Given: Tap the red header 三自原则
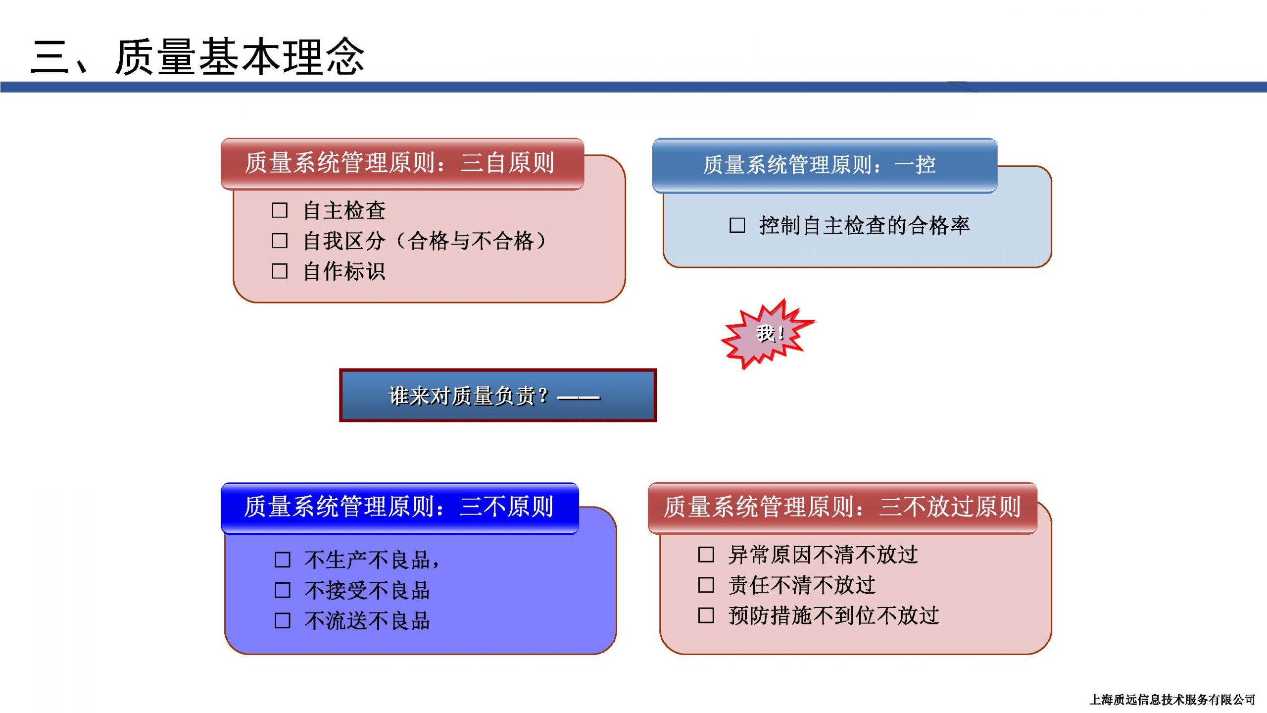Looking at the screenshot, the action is [402, 164].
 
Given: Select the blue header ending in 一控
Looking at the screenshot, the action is [825, 165].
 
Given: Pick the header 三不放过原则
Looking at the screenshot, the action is [842, 508].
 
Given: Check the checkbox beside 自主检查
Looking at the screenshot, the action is [280, 210].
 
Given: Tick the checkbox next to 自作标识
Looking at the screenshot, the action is [280, 271].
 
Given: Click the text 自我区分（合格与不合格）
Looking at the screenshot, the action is [425, 241].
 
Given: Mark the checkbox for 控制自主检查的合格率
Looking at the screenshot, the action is [737, 225].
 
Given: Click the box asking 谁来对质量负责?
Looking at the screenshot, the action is [498, 395].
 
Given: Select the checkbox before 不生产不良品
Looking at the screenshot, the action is [283, 560].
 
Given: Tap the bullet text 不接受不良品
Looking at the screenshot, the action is [367, 590].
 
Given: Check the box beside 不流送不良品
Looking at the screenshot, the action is [283, 620].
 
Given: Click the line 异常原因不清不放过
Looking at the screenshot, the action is [823, 555].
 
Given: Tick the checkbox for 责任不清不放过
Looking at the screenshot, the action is [706, 585].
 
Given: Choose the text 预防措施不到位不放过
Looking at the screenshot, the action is [834, 615].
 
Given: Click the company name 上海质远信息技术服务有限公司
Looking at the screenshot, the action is [1172, 700].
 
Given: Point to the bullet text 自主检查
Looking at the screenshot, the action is [344, 210].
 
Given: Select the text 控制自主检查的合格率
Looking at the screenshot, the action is [865, 225].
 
